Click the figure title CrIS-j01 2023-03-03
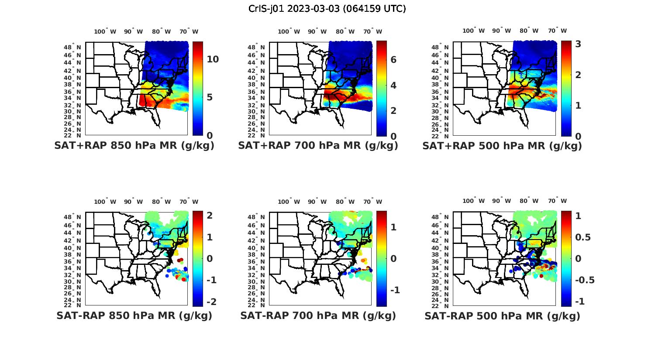click(x=327, y=8)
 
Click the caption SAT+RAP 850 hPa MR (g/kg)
click(x=134, y=146)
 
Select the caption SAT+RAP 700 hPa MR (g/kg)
click(x=318, y=146)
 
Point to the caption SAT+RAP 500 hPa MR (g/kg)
click(x=502, y=146)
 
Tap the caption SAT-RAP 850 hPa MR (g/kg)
click(x=134, y=315)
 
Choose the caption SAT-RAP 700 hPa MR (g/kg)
click(x=318, y=315)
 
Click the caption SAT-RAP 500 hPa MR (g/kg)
click(x=502, y=315)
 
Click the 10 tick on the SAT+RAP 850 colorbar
click(x=213, y=59)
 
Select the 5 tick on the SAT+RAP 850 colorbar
click(x=210, y=97)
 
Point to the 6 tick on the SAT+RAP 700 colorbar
click(x=393, y=60)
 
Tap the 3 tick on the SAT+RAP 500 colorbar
click(x=578, y=44)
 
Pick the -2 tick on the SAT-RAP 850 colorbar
click(x=211, y=302)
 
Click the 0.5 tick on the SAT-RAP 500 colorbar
click(x=583, y=237)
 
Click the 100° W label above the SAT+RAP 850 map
click(x=105, y=31)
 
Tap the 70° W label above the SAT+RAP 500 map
click(x=557, y=31)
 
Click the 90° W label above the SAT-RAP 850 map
click(x=133, y=202)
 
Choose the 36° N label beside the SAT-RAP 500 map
click(x=443, y=261)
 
